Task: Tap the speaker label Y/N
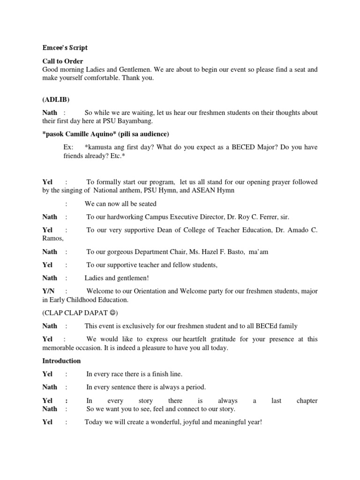(x=48, y=291)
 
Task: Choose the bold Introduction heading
(x=61, y=361)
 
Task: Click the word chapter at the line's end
(x=307, y=401)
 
